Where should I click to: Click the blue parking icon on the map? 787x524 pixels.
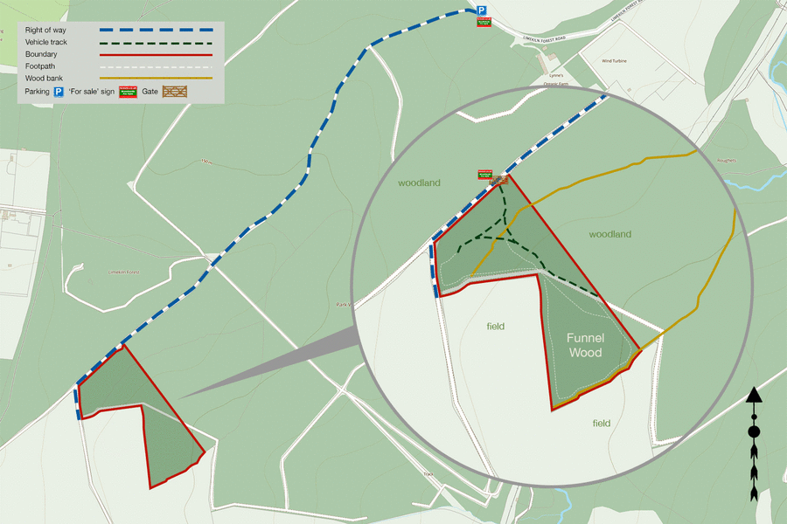pos(481,10)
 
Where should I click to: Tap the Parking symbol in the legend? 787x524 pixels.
pos(59,91)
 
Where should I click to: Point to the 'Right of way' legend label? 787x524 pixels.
pos(46,31)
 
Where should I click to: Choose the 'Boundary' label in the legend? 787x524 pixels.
pos(42,54)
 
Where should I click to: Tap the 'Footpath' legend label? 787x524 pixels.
pos(41,66)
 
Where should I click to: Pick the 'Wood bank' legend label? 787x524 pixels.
pos(45,78)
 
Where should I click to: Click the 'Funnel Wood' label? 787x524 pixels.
pos(585,345)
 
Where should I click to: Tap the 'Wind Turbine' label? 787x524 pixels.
pos(614,61)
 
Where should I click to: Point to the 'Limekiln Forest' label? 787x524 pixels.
pos(123,272)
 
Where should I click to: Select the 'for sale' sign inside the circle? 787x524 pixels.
pos(484,175)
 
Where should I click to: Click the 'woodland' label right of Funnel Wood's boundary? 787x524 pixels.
pos(609,234)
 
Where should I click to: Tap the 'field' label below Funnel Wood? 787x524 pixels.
pos(601,424)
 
